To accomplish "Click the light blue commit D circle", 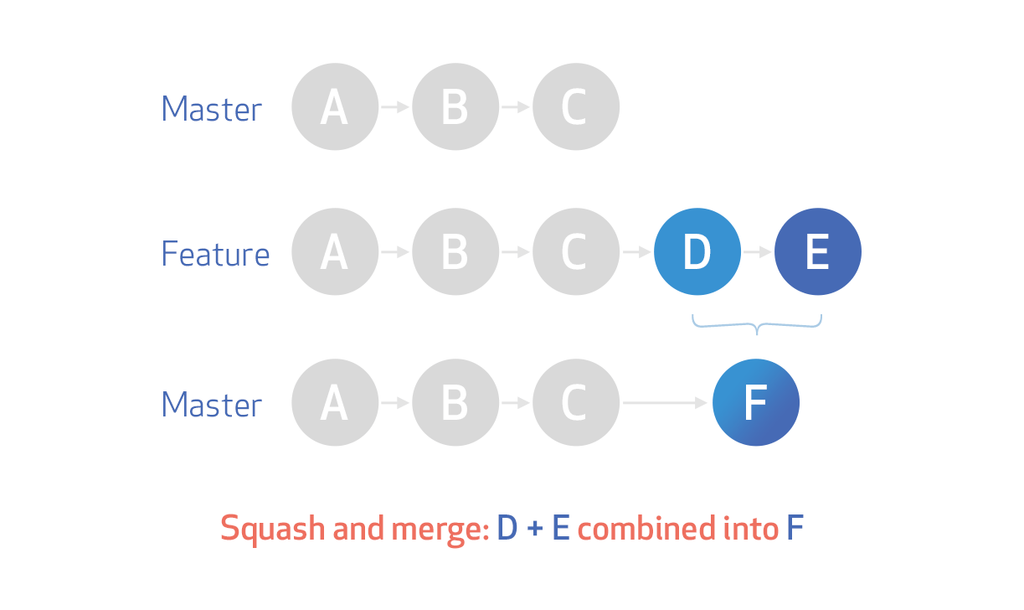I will pyautogui.click(x=697, y=251).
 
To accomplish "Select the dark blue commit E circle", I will pyautogui.click(x=817, y=251).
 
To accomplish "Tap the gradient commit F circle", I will pyautogui.click(x=756, y=402).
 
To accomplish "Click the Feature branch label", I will pyautogui.click(x=215, y=254).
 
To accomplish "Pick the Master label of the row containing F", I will pyautogui.click(x=211, y=405).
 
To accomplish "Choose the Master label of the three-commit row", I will pyautogui.click(x=211, y=109).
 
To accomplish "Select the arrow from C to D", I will pyautogui.click(x=636, y=251).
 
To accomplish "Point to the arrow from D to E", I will pyautogui.click(x=758, y=251).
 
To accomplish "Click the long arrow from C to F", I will pyautogui.click(x=666, y=403).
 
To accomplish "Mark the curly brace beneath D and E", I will pyautogui.click(x=757, y=325).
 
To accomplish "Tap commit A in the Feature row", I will pyautogui.click(x=334, y=251).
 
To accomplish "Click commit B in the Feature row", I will pyautogui.click(x=455, y=251).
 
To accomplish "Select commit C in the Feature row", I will pyautogui.click(x=575, y=251).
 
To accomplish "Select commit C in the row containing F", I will pyautogui.click(x=575, y=402).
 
